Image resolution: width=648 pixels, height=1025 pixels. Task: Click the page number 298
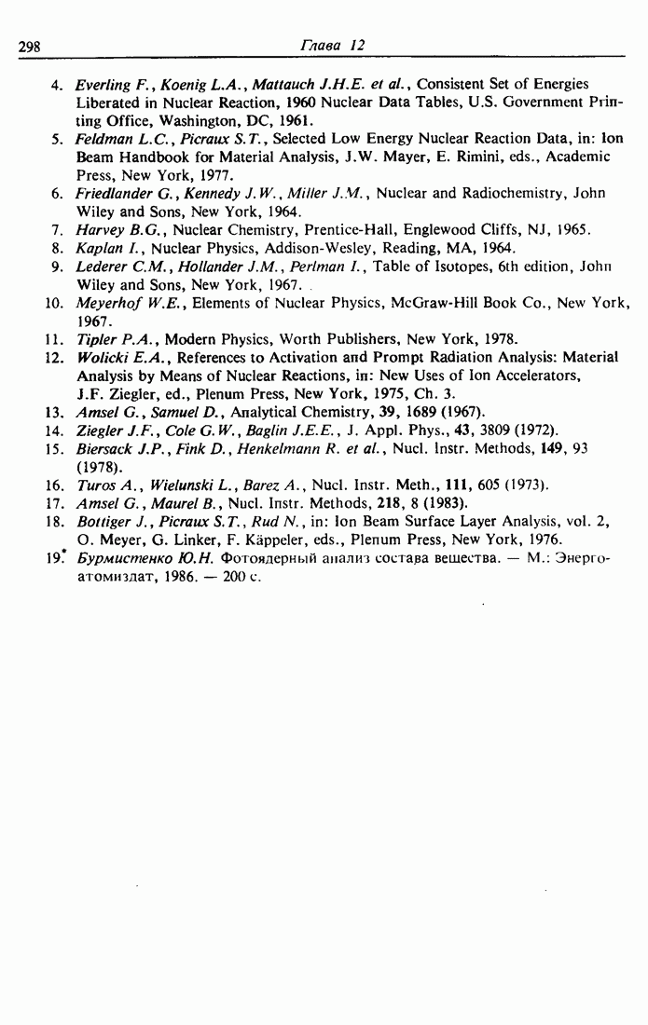pos(34,45)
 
